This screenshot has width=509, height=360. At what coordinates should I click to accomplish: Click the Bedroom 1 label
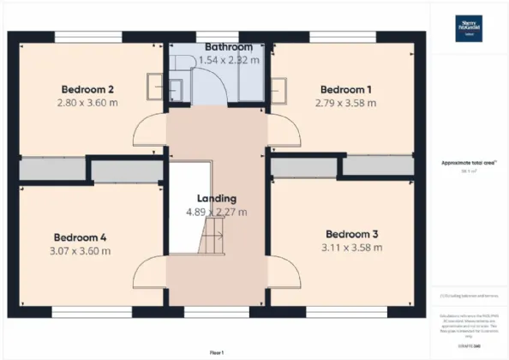pos(345,89)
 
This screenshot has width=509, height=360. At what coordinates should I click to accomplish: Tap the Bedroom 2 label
pos(87,89)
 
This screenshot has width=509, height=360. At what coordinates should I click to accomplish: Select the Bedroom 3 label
pos(352,234)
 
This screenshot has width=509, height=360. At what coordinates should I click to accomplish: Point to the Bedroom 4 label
pos(81,237)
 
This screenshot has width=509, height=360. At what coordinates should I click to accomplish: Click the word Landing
pos(216,198)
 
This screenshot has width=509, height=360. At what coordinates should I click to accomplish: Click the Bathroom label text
pos(229,46)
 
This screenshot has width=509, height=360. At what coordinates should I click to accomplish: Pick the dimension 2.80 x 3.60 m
pos(87,104)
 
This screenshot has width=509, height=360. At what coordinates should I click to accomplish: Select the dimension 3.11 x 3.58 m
pos(352,249)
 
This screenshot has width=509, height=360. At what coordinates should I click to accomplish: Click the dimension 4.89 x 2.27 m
pos(216,212)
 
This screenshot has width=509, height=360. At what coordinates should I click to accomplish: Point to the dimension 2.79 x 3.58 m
pos(345,104)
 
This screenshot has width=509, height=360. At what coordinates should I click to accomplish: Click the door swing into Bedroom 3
pos(284,273)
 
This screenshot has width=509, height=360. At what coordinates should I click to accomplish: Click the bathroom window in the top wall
pos(217,36)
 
